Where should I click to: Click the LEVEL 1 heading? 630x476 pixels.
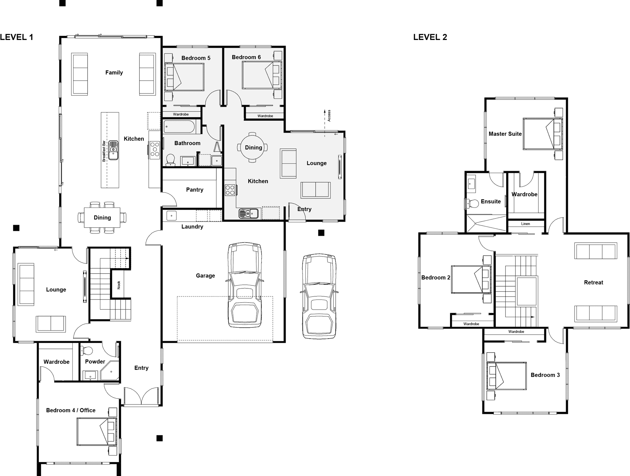click(x=16, y=37)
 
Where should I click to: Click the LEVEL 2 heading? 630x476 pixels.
click(x=430, y=37)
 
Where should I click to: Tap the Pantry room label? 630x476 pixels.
click(x=194, y=190)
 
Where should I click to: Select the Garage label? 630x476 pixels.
click(x=205, y=276)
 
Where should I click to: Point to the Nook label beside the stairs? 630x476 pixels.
click(x=119, y=285)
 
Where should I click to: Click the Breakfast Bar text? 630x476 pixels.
click(x=104, y=151)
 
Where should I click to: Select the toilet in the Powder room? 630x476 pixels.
click(x=86, y=350)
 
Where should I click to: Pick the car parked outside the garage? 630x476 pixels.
click(x=319, y=296)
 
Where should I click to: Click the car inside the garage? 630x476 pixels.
click(x=245, y=285)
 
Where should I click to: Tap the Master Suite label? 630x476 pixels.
click(x=505, y=134)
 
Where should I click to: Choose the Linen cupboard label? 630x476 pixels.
click(x=525, y=224)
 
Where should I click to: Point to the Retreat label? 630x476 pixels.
click(x=593, y=283)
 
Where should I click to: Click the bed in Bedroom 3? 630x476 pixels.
click(x=506, y=376)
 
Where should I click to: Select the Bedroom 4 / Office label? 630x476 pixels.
click(x=71, y=410)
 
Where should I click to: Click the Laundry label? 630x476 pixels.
click(x=192, y=227)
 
